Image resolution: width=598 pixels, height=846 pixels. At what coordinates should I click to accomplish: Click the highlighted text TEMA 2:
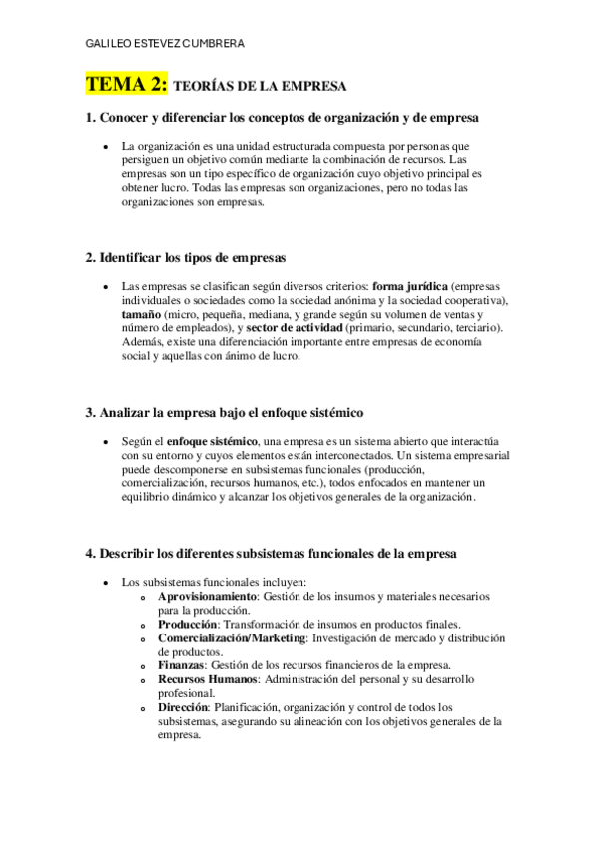click(127, 85)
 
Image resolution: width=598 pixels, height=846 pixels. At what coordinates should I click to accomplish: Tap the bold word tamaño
click(141, 314)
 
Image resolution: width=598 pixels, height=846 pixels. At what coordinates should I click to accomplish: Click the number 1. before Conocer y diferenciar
click(91, 118)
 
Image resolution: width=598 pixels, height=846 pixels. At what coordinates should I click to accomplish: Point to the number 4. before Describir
click(91, 553)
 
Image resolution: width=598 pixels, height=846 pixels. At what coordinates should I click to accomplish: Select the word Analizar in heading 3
click(130, 412)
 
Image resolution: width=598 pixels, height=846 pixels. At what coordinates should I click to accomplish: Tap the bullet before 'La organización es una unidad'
click(106, 146)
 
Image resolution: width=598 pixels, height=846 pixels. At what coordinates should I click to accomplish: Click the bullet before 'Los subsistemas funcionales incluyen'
click(106, 582)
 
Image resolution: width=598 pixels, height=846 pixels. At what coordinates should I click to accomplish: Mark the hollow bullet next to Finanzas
click(145, 665)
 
